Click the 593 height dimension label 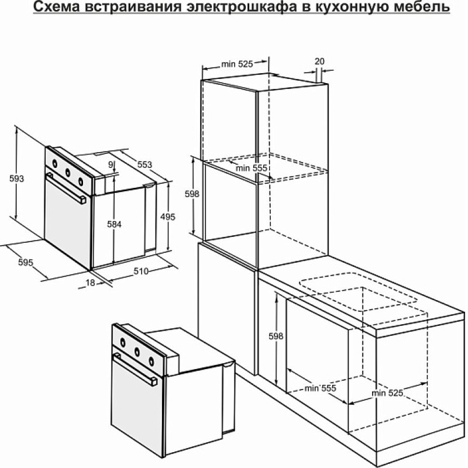point(16,179)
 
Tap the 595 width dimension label point(26,262)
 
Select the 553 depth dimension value point(144,164)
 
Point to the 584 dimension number point(114,224)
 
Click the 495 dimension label point(168,216)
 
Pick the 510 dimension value point(141,271)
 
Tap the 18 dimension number point(90,283)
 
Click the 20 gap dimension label point(319,61)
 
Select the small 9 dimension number point(111,164)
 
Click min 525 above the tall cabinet point(237,64)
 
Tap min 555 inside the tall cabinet point(252,168)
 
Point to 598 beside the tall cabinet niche point(192,194)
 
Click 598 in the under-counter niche point(276,336)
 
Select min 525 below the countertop point(387,393)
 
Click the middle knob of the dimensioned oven point(68,172)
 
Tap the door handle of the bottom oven point(136,369)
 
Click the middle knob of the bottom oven point(137,352)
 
